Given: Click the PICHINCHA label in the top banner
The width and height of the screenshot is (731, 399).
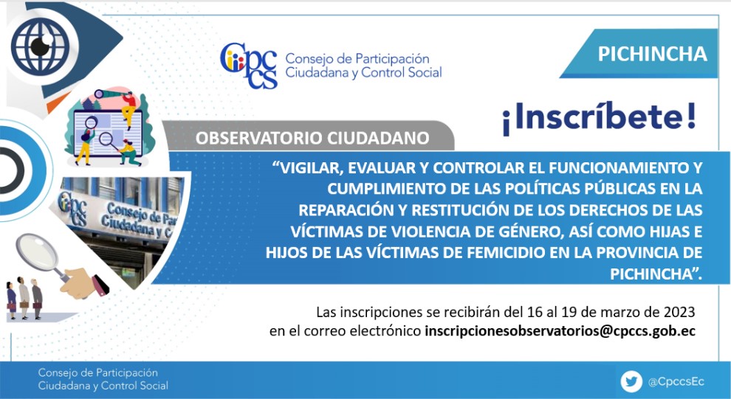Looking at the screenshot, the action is point(652,54).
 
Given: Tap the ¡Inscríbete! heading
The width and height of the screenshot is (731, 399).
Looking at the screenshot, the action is point(599,119).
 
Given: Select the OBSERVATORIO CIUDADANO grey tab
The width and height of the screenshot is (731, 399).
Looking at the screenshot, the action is point(308,138).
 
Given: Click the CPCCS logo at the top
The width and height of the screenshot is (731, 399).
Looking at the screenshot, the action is point(249,66).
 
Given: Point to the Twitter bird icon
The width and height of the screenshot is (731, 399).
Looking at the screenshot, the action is point(631,382).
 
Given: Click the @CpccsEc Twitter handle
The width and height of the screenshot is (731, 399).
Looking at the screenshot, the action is point(676,382).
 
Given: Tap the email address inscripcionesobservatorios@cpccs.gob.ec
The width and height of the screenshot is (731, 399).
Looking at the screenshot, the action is point(560,331).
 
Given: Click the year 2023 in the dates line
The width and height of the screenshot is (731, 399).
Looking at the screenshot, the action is point(682,311).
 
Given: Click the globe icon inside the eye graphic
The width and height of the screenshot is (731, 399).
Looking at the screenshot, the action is point(40,46).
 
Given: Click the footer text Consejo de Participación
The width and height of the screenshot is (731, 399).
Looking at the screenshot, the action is point(98,373).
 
